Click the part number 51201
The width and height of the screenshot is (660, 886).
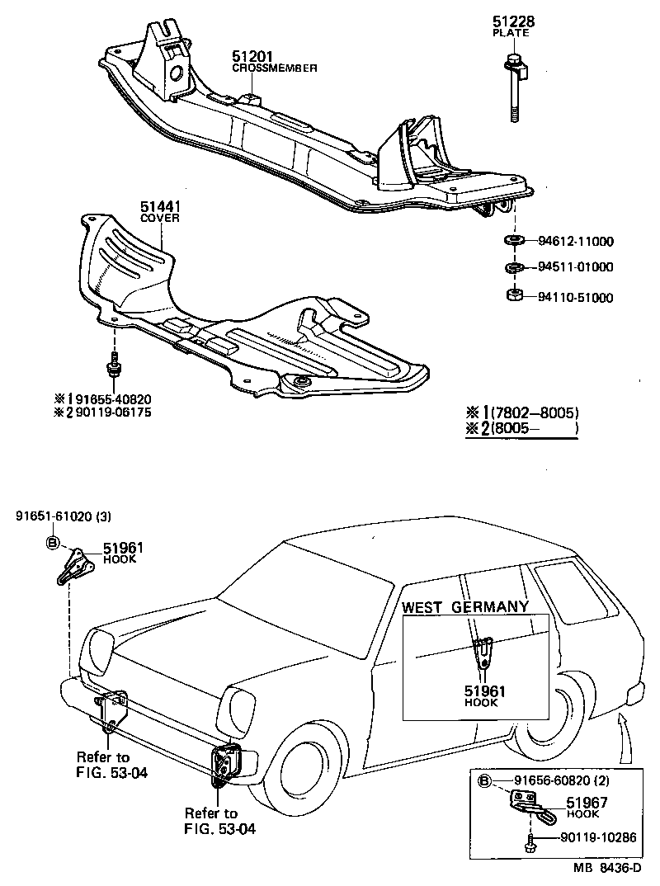[x=248, y=56]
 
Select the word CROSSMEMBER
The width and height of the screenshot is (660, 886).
[x=274, y=68]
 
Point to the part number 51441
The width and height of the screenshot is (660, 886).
[x=158, y=206]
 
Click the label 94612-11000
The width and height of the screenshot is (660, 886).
[x=576, y=242]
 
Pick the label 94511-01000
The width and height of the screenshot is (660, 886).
[x=576, y=267]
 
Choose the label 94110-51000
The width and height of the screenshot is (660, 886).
[x=576, y=297]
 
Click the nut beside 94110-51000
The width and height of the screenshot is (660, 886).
[x=512, y=295]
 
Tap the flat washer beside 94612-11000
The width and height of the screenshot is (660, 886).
[x=512, y=241]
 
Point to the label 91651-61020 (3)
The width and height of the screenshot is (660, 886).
[x=63, y=516]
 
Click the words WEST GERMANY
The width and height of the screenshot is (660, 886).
[x=464, y=607]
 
